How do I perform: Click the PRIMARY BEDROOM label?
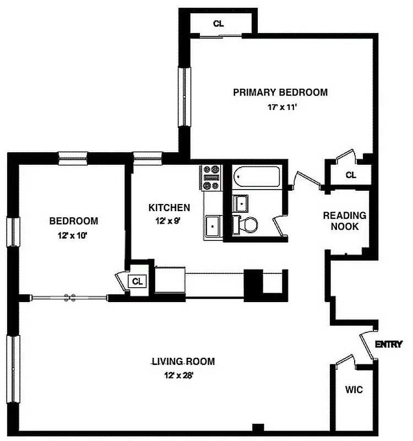pyautogui.click(x=280, y=92)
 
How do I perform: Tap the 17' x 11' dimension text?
pyautogui.click(x=282, y=107)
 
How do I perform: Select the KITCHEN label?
pyautogui.click(x=169, y=208)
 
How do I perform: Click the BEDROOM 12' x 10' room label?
pyautogui.click(x=74, y=221)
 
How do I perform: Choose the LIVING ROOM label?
pyautogui.click(x=183, y=362)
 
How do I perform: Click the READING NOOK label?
pyautogui.click(x=344, y=220)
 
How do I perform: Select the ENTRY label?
pyautogui.click(x=388, y=345)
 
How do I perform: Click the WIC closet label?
pyautogui.click(x=354, y=390)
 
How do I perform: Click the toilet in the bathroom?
pyautogui.click(x=246, y=224)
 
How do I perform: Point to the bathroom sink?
pyautogui.click(x=240, y=202)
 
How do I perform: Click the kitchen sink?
pyautogui.click(x=212, y=227)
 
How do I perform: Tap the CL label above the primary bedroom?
pyautogui.click(x=219, y=23)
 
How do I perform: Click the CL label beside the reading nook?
pyautogui.click(x=351, y=175)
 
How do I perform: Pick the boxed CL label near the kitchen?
pyautogui.click(x=137, y=281)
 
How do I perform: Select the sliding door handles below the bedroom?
pyautogui.click(x=69, y=298)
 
